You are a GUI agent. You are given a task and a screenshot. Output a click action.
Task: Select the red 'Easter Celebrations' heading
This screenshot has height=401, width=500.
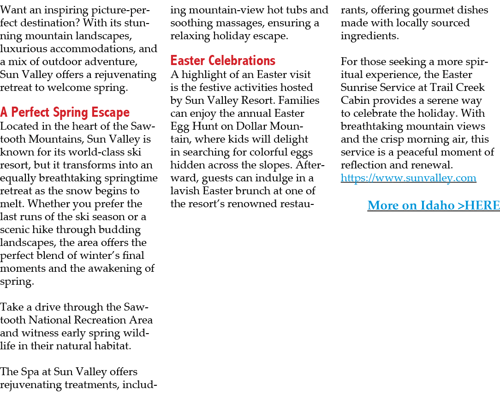tap(223, 61)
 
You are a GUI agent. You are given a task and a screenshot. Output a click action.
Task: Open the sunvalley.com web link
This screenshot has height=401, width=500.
tap(408, 178)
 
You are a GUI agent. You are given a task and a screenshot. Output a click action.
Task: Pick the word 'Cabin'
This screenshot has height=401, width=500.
tap(355, 101)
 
